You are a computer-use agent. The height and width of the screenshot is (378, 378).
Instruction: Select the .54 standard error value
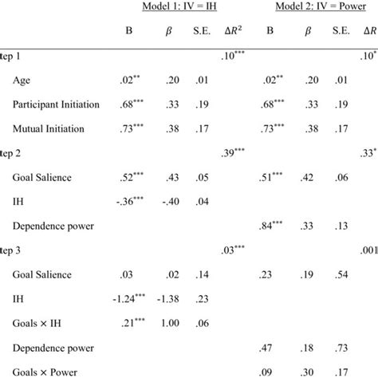(341, 276)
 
